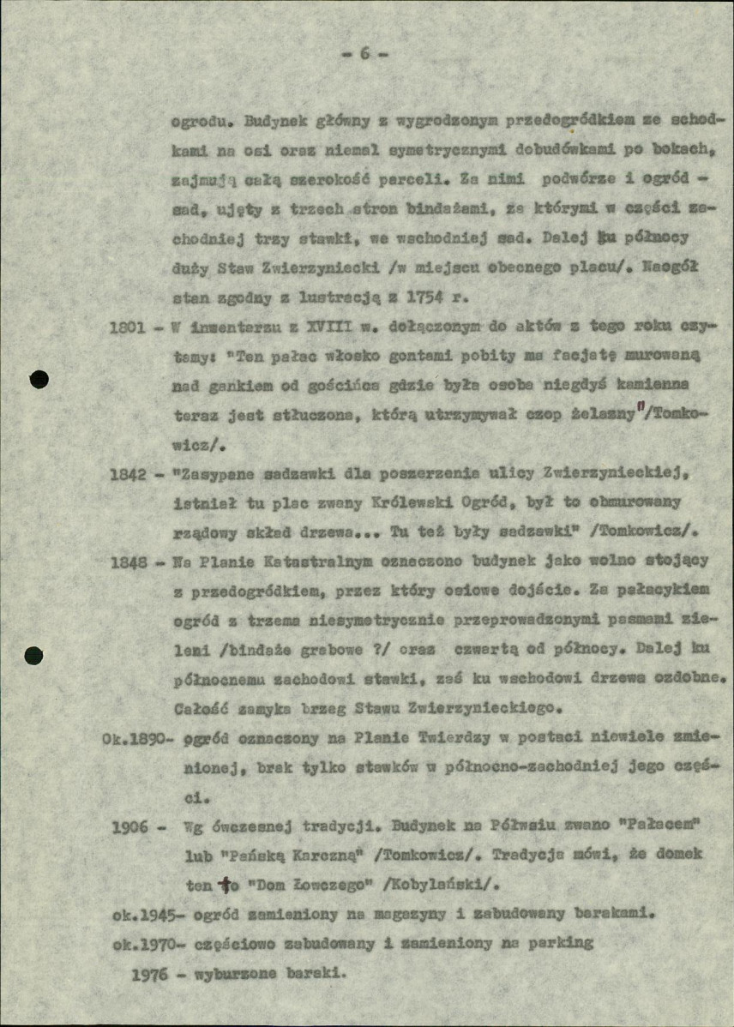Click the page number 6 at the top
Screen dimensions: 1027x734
click(x=364, y=53)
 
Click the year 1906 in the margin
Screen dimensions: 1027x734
click(x=130, y=827)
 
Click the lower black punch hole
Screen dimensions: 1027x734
click(x=33, y=656)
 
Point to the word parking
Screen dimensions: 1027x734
click(x=563, y=942)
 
